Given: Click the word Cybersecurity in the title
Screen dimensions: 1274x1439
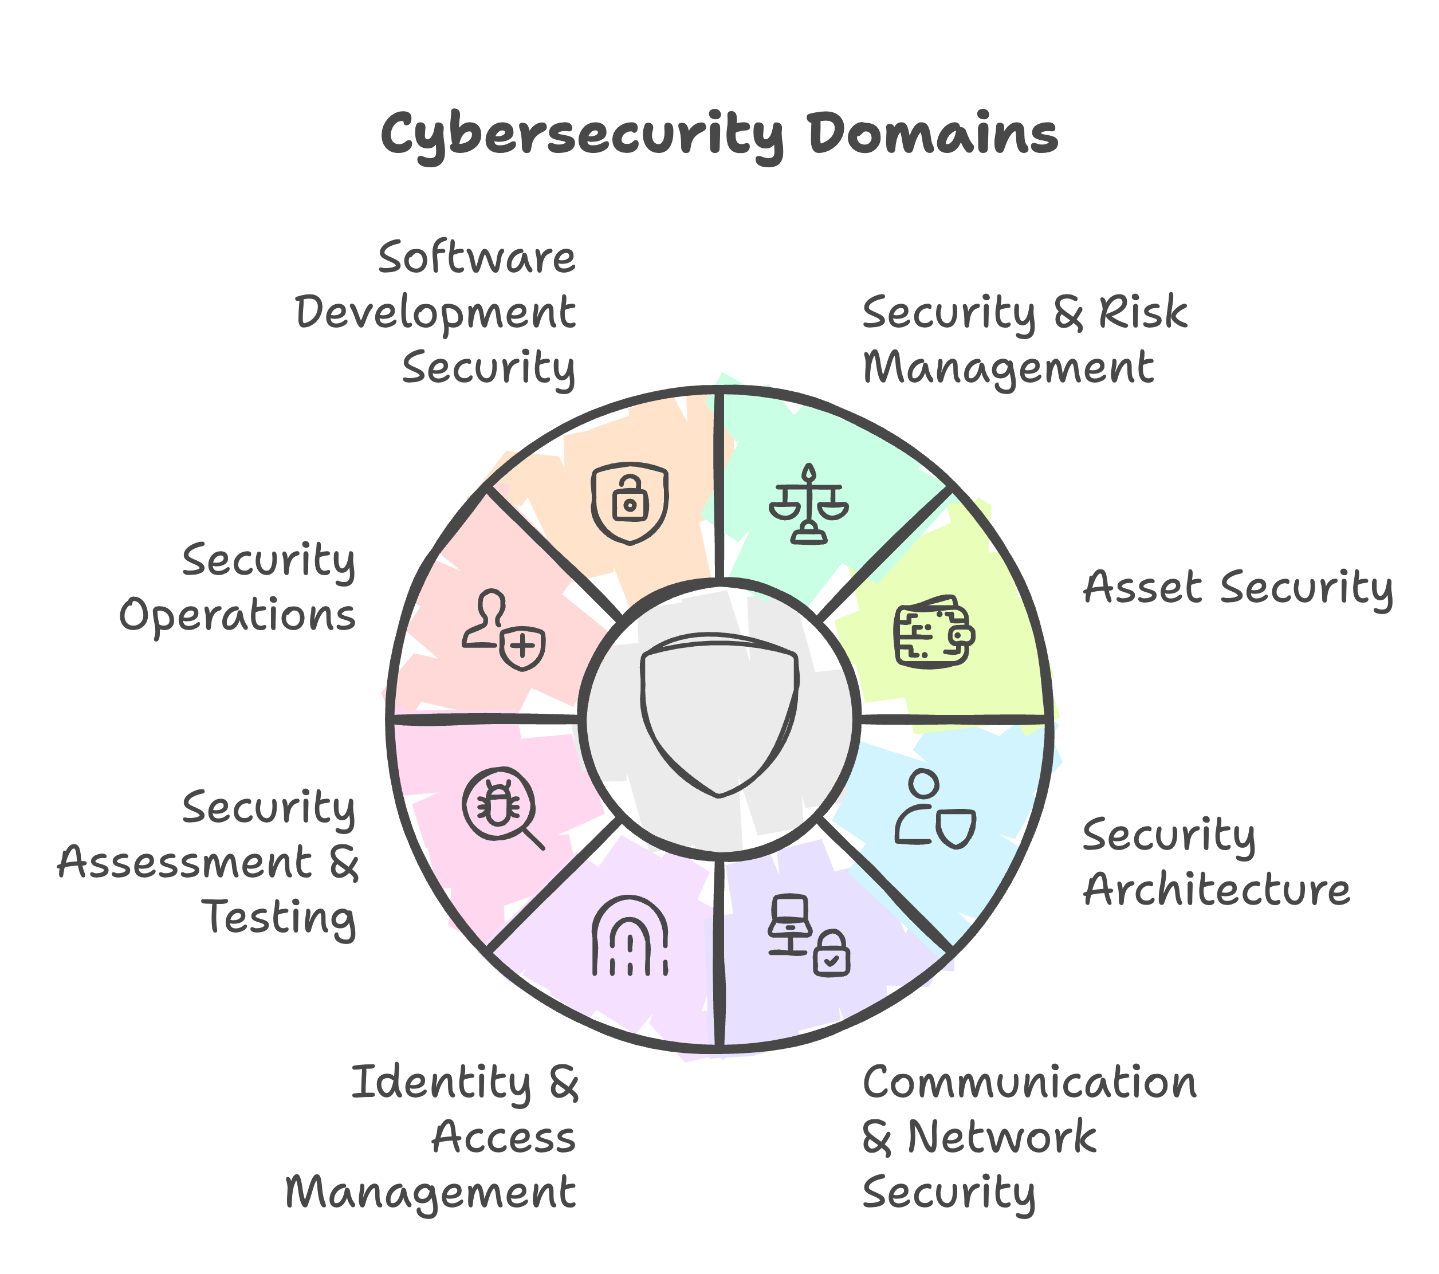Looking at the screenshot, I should tap(581, 135).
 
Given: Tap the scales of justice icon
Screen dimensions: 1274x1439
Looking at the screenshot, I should tap(808, 504).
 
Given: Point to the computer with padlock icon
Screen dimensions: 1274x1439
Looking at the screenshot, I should tap(808, 935).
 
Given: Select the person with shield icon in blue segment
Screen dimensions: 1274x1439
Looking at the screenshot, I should tap(935, 809).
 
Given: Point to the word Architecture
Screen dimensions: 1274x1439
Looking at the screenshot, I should tap(1216, 890).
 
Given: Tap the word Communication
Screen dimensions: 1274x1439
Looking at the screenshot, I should tap(1029, 1082).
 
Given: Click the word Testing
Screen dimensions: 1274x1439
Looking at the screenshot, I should tap(280, 918).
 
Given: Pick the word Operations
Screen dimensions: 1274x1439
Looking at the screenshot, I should tap(237, 616).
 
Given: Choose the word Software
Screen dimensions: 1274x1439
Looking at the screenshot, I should tap(477, 258).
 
